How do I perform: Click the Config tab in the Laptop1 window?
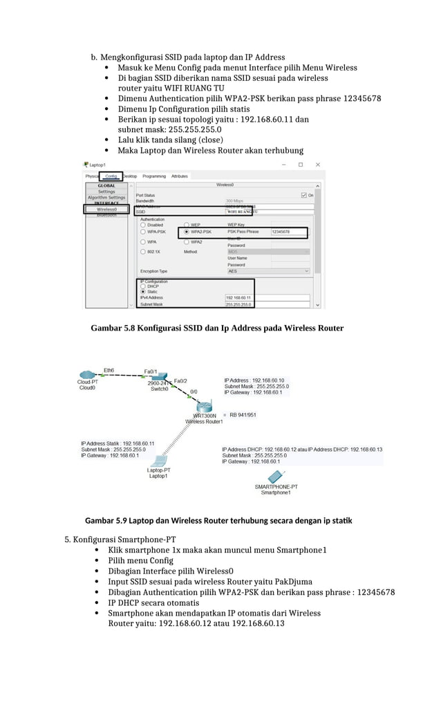[111, 176]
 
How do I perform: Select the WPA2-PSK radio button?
[187, 232]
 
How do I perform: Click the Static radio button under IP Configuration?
[143, 292]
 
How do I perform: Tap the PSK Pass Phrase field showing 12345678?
[288, 232]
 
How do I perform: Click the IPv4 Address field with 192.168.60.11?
[238, 297]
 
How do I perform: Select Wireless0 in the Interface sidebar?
[106, 209]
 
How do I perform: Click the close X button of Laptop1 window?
[318, 165]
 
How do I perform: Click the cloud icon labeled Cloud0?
[88, 376]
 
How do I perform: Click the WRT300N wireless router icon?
[204, 406]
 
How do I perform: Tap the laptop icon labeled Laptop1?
[159, 461]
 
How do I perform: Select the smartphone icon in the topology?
[274, 477]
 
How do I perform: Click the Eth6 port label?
[109, 370]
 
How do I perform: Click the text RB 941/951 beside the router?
[243, 415]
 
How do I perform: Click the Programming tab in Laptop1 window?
[154, 176]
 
